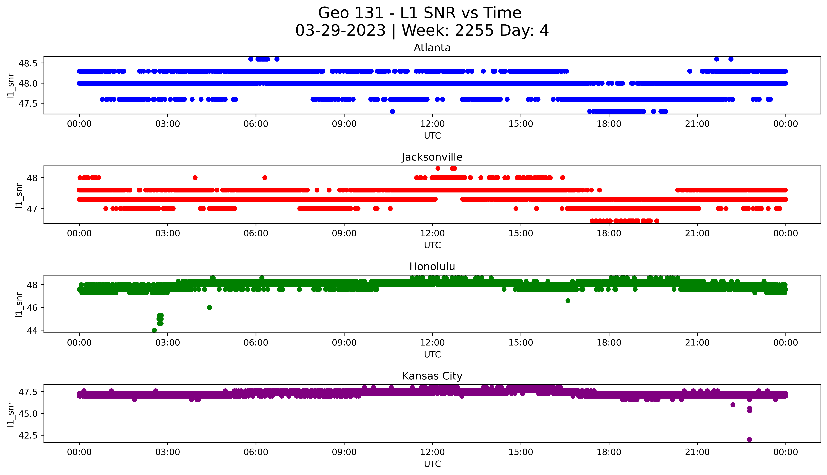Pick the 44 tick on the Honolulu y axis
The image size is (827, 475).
[33, 330]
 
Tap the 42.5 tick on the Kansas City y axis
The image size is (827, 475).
[28, 435]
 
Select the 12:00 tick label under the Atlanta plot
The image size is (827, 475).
[432, 124]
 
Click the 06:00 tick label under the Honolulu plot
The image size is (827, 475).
[256, 343]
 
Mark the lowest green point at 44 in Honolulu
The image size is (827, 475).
[154, 330]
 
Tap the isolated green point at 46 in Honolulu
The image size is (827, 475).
[209, 307]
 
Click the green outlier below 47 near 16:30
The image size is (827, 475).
[568, 301]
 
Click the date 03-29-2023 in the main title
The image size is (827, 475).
[340, 31]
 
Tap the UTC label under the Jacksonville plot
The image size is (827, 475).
[432, 245]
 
